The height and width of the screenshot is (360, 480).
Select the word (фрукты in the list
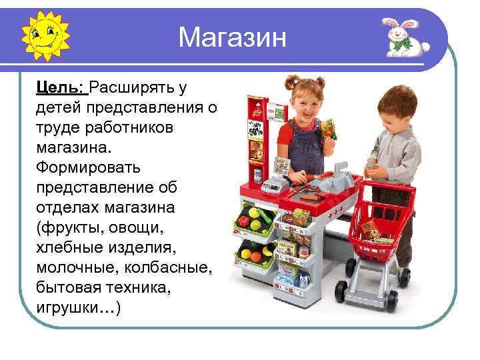click(71, 228)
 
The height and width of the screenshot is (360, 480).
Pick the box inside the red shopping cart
click(368, 230)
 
